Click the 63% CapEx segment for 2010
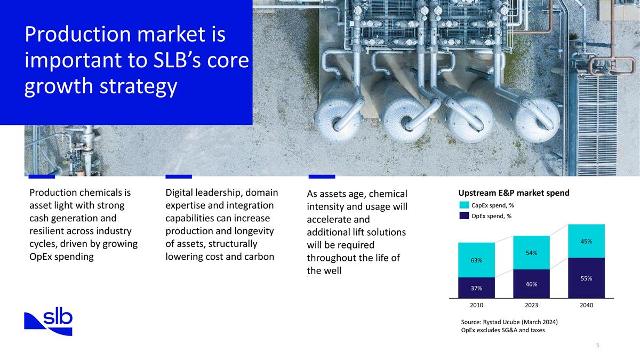pos(476,260)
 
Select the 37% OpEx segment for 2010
pos(476,288)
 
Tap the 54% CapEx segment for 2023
pos(531,252)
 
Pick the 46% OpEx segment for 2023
pos(531,284)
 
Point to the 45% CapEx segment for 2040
pos(586,241)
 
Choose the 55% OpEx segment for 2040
pos(586,278)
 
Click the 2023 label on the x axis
pos(531,306)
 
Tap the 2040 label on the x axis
pos(586,306)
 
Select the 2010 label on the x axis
pos(476,306)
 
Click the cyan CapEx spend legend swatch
pos(463,205)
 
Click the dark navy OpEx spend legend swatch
pos(463,216)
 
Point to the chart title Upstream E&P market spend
pos(514,193)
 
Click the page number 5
pos(597,346)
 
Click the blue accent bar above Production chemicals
pos(41,176)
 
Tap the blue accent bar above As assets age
pos(322,176)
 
